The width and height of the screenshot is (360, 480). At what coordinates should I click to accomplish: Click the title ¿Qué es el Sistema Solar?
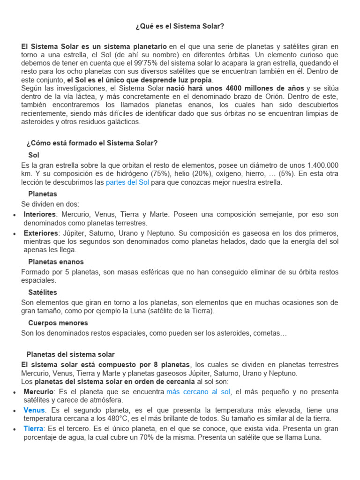(x=180, y=26)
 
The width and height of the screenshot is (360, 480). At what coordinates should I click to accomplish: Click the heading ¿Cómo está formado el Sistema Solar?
(x=92, y=143)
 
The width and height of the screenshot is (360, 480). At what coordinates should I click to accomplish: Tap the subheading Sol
(x=34, y=155)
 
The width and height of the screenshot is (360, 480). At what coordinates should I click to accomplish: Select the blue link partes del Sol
(x=127, y=182)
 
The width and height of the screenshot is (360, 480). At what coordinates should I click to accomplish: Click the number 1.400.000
(x=322, y=165)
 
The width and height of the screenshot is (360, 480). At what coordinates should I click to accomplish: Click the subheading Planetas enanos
(x=56, y=262)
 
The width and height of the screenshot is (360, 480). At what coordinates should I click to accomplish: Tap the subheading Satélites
(x=43, y=292)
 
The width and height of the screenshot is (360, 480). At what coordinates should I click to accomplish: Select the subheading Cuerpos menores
(x=58, y=322)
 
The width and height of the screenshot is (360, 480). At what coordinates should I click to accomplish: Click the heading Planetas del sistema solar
(x=70, y=354)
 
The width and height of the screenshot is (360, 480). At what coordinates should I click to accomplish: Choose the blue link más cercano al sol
(x=198, y=391)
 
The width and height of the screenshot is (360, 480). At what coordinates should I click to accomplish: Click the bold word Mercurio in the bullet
(x=39, y=391)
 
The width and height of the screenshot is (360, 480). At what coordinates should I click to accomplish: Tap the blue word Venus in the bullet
(x=34, y=410)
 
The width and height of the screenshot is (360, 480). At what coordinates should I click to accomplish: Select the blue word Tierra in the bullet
(x=34, y=429)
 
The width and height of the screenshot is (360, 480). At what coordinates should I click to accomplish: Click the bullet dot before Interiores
(x=15, y=215)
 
